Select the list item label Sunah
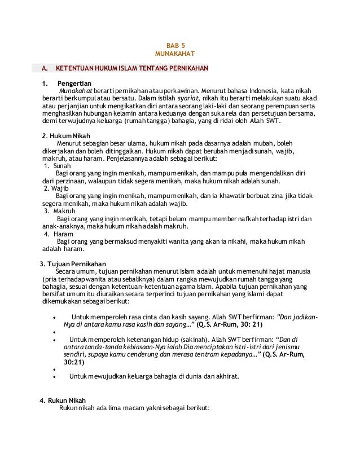pyautogui.click(x=59, y=166)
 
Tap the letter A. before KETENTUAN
pyautogui.click(x=43, y=69)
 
